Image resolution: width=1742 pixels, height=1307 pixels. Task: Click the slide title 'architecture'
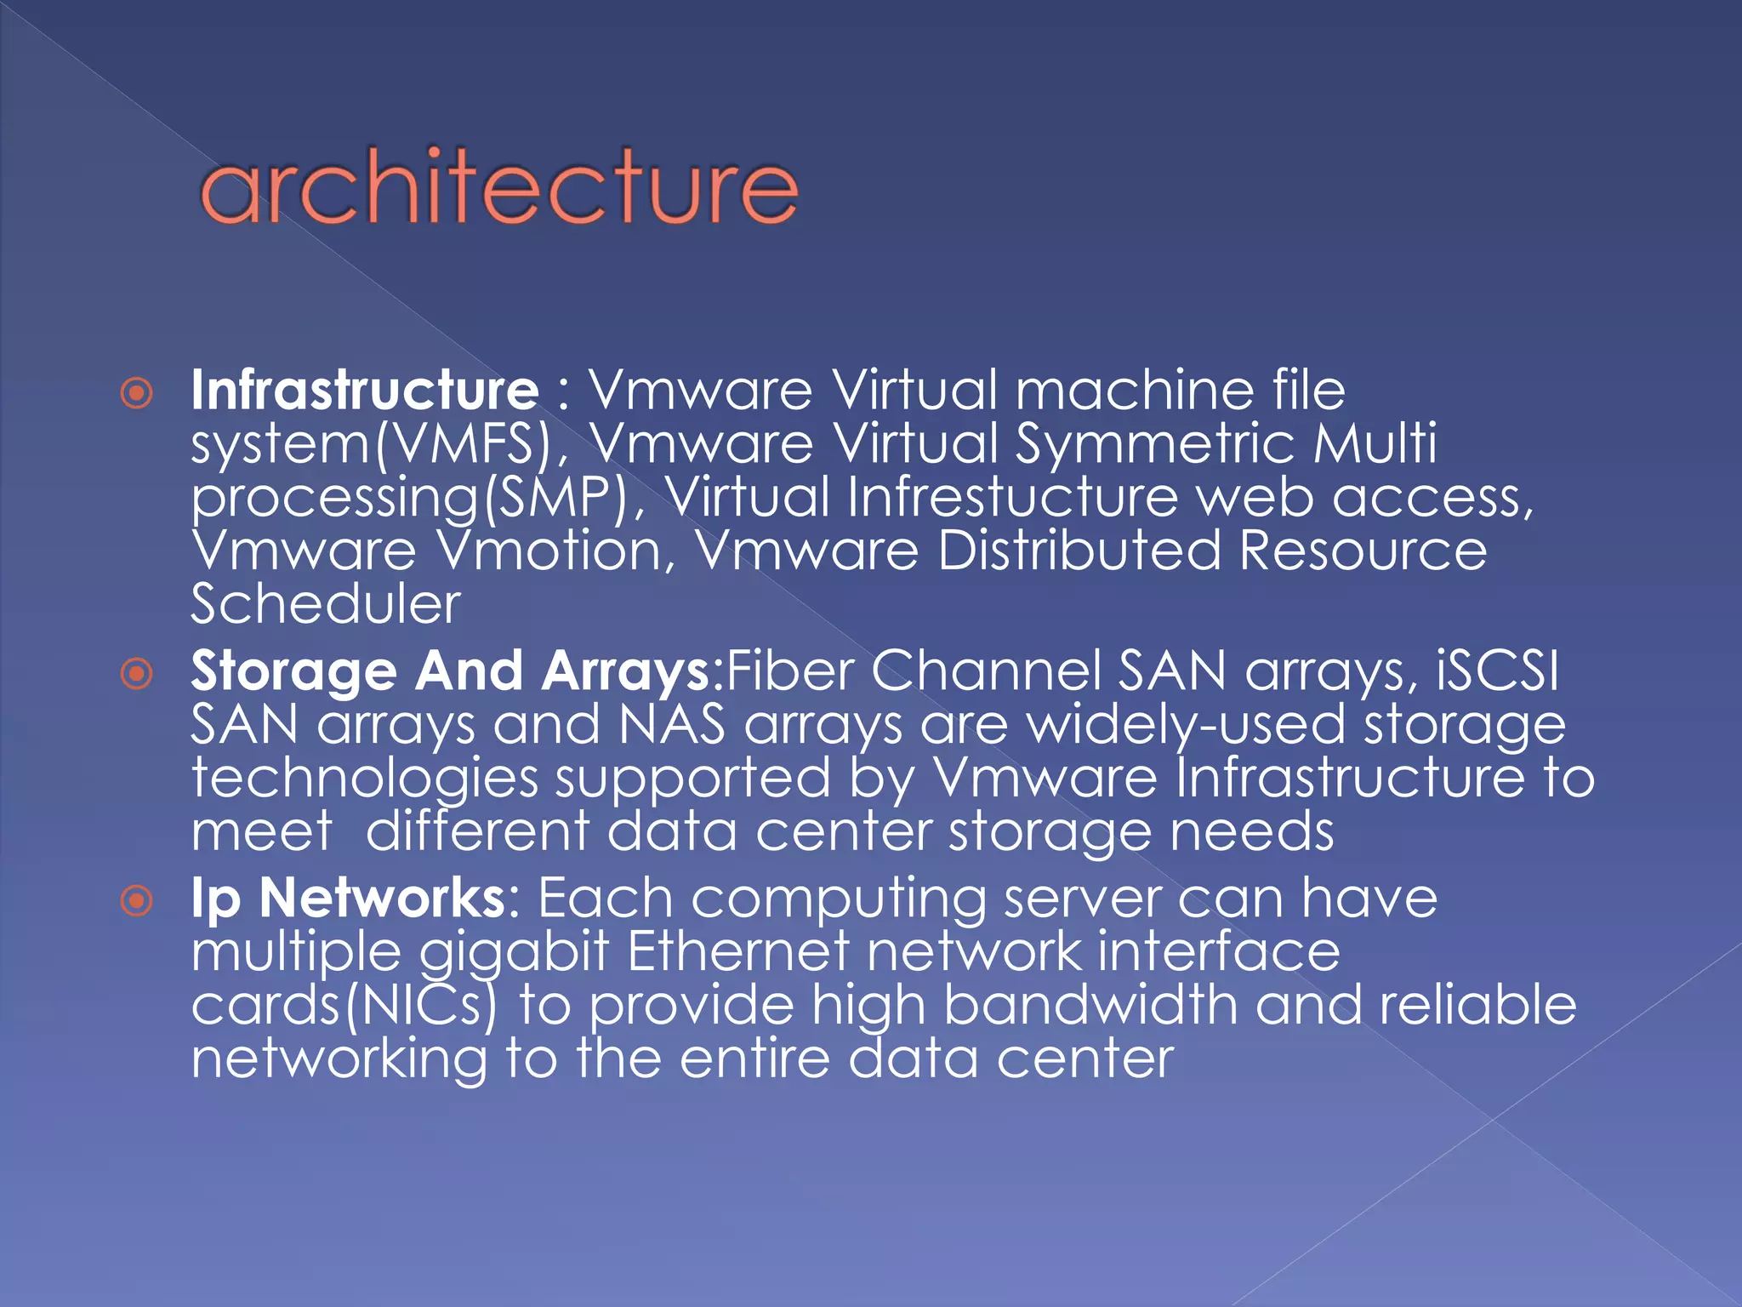pos(498,186)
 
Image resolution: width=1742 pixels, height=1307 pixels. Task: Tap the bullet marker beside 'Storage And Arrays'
pos(137,674)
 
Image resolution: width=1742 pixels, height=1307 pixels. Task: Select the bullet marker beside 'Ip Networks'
pos(137,900)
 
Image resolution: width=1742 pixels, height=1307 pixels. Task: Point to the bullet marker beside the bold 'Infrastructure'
pos(137,393)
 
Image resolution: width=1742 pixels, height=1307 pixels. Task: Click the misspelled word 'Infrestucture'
pos(1013,498)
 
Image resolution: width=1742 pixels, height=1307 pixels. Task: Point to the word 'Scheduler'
pos(326,604)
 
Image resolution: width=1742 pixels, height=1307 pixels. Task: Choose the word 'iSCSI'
pos(1497,671)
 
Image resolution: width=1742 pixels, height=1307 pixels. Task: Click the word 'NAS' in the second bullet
pos(672,725)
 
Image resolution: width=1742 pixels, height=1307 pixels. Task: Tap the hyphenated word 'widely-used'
pos(1186,725)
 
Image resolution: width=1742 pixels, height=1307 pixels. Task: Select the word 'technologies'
pos(365,779)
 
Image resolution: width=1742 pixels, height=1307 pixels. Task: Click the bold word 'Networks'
pos(383,898)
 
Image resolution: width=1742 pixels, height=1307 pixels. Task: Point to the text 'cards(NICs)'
pos(344,1006)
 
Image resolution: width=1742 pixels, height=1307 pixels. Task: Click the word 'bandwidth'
pos(1090,1006)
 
